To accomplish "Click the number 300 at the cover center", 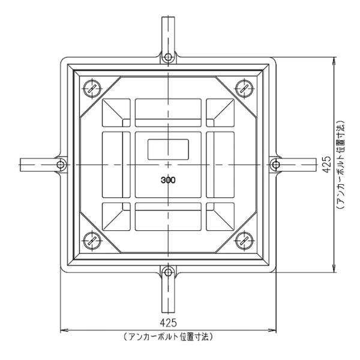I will pyautogui.click(x=169, y=179).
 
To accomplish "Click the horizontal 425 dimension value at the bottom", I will pyautogui.click(x=169, y=323).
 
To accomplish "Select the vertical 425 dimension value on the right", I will pyautogui.click(x=327, y=164).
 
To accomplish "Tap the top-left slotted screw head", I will pyautogui.click(x=91, y=87).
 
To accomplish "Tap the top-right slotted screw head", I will pyautogui.click(x=245, y=87).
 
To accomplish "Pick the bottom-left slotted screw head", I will pyautogui.click(x=91, y=241).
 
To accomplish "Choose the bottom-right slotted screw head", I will pyautogui.click(x=245, y=241).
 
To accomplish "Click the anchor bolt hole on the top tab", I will pyautogui.click(x=169, y=58).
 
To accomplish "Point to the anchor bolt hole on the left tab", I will pyautogui.click(x=61, y=164).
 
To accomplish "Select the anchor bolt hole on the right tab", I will pyautogui.click(x=276, y=164).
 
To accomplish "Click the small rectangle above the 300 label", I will pyautogui.click(x=169, y=148).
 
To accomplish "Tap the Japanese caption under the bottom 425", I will pyautogui.click(x=169, y=337).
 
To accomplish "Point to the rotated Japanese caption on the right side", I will pyautogui.click(x=340, y=164).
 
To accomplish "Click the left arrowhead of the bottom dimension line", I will pyautogui.click(x=63, y=329).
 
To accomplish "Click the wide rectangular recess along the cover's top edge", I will pyautogui.click(x=168, y=109).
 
